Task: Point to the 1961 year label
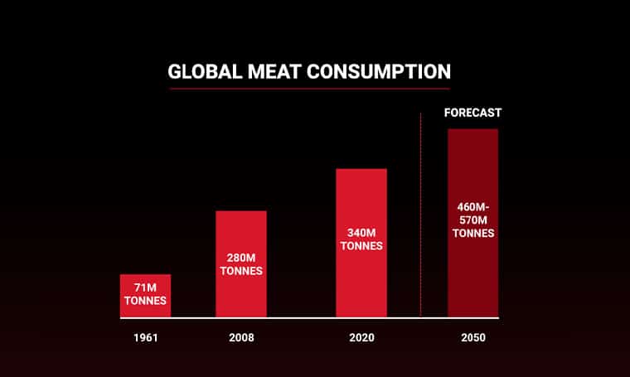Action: tap(145, 338)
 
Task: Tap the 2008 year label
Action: tap(241, 338)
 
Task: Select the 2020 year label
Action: tap(361, 338)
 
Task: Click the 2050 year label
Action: tap(472, 338)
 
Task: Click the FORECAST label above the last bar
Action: tap(472, 113)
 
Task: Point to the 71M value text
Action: tap(145, 288)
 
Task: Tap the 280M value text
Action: tap(241, 258)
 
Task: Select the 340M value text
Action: tap(361, 233)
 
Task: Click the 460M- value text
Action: tap(472, 206)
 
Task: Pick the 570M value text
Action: tap(472, 220)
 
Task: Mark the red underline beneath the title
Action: tap(308, 89)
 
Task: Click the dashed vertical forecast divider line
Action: tap(421, 215)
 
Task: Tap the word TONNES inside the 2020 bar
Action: tap(361, 246)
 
